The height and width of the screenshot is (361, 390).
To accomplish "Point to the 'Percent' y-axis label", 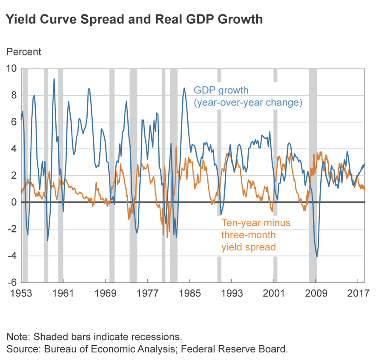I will [23, 52].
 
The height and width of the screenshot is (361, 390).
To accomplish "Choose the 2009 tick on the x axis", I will [316, 294].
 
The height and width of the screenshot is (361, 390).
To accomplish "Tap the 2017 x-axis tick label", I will [358, 294].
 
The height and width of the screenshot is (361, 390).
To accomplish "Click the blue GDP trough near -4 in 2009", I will [316, 256].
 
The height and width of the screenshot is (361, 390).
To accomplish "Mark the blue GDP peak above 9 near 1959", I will [54, 79].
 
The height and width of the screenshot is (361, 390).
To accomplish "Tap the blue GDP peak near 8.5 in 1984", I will [184, 88].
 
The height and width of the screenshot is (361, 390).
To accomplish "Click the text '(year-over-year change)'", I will [248, 103].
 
